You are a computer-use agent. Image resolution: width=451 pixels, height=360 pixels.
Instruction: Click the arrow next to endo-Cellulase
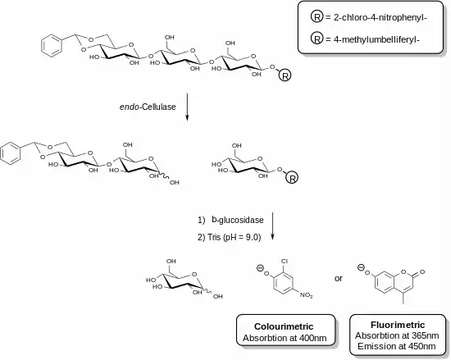click(187, 107)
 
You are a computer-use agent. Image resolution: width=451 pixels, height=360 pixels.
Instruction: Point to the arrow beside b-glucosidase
click(272, 226)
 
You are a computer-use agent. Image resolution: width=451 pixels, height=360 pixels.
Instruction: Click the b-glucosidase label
click(238, 220)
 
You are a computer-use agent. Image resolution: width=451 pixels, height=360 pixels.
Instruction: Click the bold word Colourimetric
click(284, 326)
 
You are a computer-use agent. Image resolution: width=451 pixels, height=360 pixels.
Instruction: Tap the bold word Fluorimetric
click(398, 325)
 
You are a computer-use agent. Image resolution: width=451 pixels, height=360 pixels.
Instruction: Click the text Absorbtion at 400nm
click(285, 338)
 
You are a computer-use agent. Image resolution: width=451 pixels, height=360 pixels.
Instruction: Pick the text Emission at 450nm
click(397, 347)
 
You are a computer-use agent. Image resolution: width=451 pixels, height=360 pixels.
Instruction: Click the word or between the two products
click(339, 278)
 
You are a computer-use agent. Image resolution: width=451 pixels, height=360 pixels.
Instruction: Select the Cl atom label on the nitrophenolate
click(285, 262)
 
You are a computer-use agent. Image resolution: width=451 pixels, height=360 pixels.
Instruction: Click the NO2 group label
click(306, 295)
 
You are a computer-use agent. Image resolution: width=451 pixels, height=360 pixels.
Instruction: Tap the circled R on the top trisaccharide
click(285, 76)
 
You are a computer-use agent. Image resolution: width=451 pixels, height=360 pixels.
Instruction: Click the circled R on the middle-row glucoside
click(292, 178)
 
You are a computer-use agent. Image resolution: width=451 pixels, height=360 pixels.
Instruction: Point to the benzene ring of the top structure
click(52, 46)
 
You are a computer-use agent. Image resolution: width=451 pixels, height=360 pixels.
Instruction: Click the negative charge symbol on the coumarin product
click(361, 267)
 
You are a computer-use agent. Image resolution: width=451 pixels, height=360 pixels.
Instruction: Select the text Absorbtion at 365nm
click(397, 335)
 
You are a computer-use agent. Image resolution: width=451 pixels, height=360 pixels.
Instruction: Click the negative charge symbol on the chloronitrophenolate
click(260, 268)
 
